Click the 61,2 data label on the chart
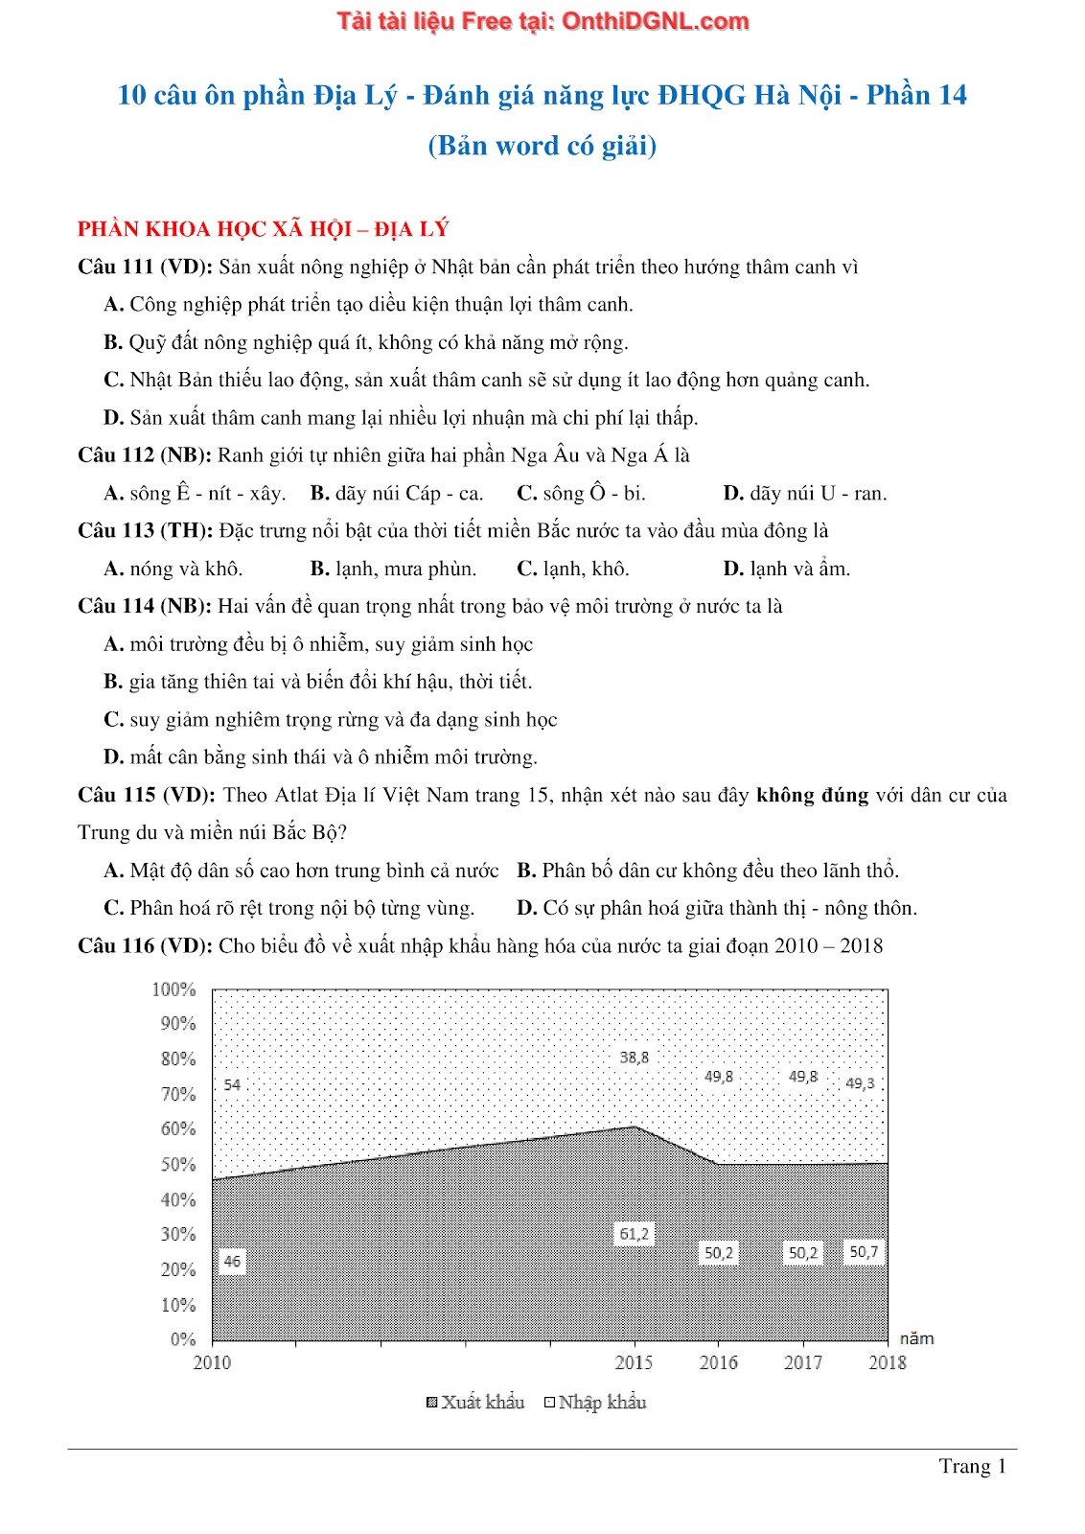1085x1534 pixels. click(634, 1234)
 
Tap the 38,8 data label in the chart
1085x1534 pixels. click(634, 1058)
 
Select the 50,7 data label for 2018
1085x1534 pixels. click(863, 1252)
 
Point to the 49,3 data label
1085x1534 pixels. click(860, 1083)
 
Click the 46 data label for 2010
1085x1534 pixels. click(232, 1262)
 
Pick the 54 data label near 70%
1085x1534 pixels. click(232, 1085)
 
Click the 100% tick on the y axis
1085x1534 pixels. click(173, 989)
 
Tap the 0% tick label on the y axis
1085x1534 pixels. click(182, 1339)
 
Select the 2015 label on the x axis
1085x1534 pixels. click(634, 1363)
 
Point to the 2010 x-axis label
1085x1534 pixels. click(212, 1363)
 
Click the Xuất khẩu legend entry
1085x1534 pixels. click(475, 1403)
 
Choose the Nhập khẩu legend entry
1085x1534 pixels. click(595, 1403)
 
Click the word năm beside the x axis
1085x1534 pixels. click(916, 1338)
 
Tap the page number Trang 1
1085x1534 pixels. click(972, 1466)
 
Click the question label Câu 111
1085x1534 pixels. click(117, 267)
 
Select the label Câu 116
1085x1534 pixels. click(117, 946)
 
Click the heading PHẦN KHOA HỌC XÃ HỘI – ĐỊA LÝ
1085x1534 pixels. click(264, 229)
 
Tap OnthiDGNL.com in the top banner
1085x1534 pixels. click(655, 21)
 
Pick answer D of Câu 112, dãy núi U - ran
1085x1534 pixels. click(805, 494)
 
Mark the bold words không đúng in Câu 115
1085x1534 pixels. click(812, 796)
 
